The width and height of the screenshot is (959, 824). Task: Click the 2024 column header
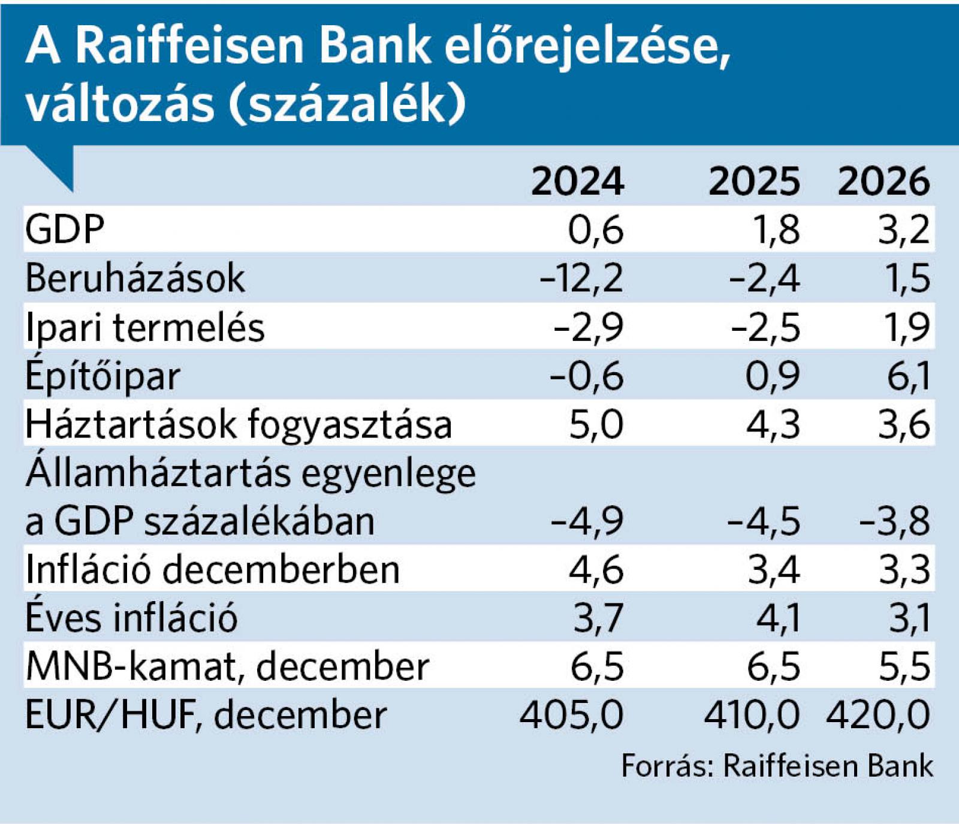[577, 181]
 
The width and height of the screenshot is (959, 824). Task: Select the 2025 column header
[754, 181]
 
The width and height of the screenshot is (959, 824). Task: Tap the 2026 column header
[883, 181]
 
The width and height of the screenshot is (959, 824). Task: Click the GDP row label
[65, 229]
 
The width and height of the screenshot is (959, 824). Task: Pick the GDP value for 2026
[904, 230]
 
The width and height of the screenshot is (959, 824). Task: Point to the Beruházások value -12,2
[581, 279]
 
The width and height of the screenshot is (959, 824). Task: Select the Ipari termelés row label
[144, 328]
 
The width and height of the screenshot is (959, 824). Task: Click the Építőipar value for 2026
[909, 376]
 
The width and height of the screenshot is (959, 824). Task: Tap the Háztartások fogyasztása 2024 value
[596, 425]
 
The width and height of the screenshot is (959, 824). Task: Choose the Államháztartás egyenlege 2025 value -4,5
[764, 521]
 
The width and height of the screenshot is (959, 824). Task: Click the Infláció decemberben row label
[212, 569]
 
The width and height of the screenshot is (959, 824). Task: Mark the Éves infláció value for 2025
[777, 618]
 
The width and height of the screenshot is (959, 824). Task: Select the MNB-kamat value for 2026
[904, 666]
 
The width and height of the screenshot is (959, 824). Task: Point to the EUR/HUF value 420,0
[878, 715]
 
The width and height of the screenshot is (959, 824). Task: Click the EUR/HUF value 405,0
[571, 715]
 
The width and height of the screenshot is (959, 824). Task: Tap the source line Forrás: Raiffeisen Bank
[777, 766]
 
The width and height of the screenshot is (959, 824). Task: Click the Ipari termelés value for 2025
[765, 328]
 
